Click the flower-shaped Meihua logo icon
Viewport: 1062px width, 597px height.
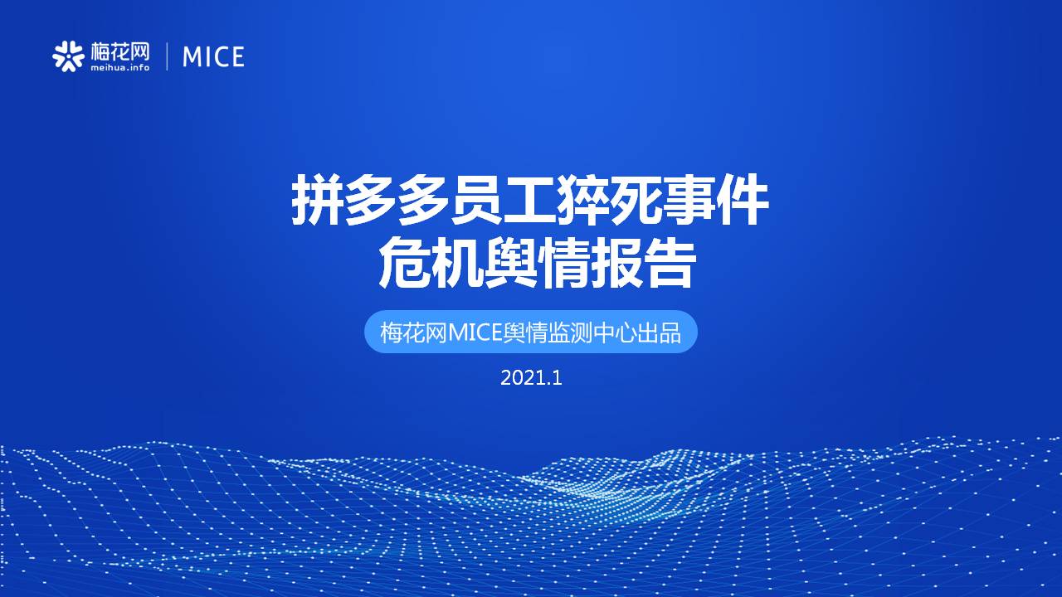point(68,56)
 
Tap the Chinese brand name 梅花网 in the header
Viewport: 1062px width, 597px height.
point(120,51)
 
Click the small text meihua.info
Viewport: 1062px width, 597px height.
point(120,68)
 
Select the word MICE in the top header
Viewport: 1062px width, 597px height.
point(213,57)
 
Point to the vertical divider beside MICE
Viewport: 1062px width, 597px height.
point(167,56)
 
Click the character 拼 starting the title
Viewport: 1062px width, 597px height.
point(317,200)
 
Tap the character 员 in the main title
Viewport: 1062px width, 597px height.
point(476,200)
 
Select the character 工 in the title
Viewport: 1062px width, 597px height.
point(529,200)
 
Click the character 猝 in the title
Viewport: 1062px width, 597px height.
point(582,200)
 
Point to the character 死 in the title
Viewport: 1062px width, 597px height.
point(636,200)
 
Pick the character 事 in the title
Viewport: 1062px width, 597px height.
point(689,200)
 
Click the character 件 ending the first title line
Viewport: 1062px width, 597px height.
point(742,200)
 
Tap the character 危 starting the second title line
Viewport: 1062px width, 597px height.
point(404,264)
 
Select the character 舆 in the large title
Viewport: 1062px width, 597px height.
point(510,264)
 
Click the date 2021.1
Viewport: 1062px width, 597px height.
point(531,378)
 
